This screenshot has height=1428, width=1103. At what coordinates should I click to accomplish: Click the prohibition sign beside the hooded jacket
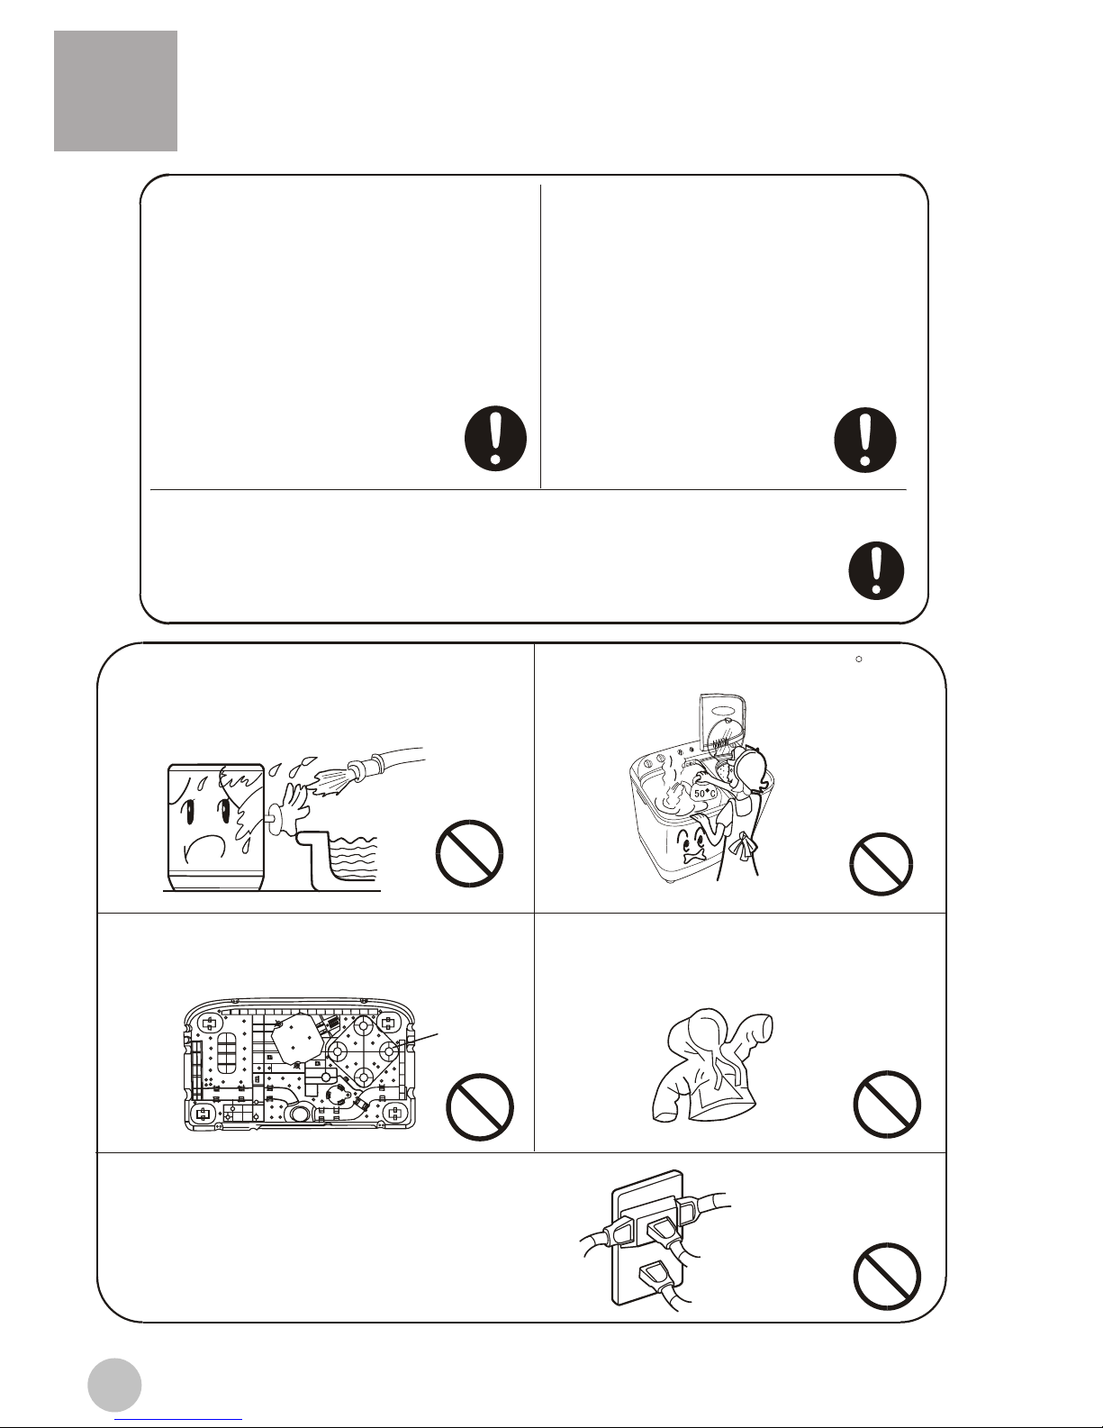tap(887, 1105)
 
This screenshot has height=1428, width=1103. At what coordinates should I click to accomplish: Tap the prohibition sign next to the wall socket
tap(887, 1277)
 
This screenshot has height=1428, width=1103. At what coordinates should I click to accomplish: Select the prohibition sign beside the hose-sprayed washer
tap(469, 853)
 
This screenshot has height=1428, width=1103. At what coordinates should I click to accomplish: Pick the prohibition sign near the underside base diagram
tap(480, 1106)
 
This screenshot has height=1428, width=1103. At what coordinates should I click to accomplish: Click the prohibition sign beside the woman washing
tap(881, 863)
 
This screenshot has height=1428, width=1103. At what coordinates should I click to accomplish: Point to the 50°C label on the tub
tap(705, 794)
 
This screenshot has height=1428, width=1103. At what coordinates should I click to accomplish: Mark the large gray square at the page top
tap(115, 91)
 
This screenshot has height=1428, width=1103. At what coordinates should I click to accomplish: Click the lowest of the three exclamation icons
tap(876, 569)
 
